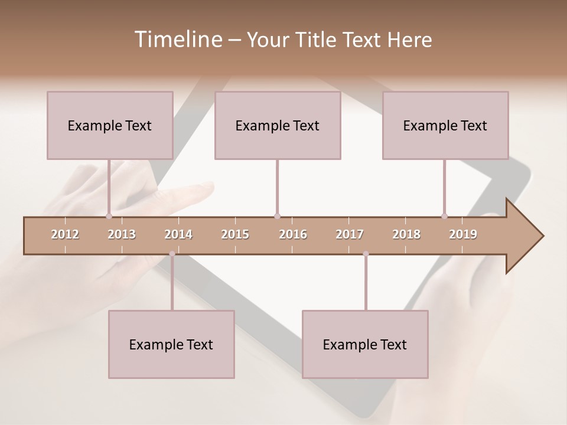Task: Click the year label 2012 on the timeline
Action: (65, 235)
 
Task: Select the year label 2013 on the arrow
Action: (122, 235)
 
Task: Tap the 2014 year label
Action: (178, 235)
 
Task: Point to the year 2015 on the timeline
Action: (235, 235)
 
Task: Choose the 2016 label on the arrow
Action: (293, 235)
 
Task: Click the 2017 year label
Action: (350, 235)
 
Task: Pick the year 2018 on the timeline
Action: (406, 235)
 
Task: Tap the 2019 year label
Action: (463, 235)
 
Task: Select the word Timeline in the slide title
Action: (177, 40)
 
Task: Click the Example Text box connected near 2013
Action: (110, 125)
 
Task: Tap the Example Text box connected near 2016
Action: (278, 125)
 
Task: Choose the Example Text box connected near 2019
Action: (445, 125)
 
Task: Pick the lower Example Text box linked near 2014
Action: (171, 344)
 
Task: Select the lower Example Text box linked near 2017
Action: (365, 344)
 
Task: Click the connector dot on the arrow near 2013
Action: (109, 216)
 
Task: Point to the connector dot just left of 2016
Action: (277, 216)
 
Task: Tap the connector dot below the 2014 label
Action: (172, 254)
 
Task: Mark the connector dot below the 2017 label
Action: (366, 254)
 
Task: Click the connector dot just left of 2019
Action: (444, 216)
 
